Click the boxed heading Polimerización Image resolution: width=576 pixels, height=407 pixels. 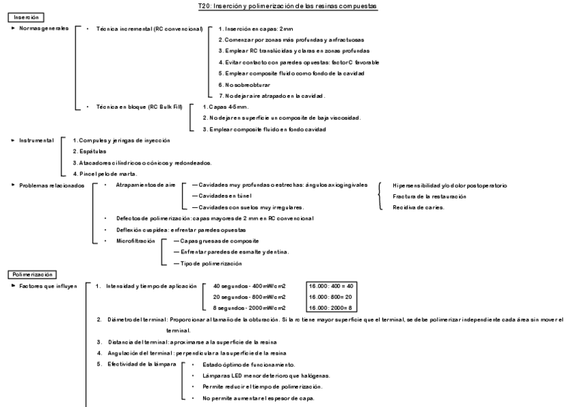pyautogui.click(x=32, y=274)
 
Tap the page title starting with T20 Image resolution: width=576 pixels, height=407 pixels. pyautogui.click(x=288, y=5)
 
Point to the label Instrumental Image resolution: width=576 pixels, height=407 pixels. pyautogui.click(x=36, y=140)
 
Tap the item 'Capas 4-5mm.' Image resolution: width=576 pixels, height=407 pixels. pyautogui.click(x=226, y=107)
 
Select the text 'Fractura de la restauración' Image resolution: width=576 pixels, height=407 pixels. pyautogui.click(x=429, y=196)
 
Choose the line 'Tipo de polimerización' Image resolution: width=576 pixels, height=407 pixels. pyautogui.click(x=211, y=263)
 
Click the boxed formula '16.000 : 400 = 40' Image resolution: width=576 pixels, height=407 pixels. pyautogui.click(x=332, y=286)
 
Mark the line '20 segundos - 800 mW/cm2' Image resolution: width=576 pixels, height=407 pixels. pyautogui.click(x=249, y=297)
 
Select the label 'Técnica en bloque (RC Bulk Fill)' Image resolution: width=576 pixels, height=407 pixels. pyautogui.click(x=139, y=107)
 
